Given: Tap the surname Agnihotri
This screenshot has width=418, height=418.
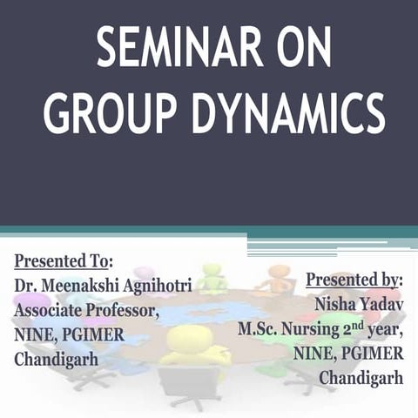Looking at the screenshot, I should tap(168, 285).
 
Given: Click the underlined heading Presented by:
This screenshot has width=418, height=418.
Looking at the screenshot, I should tap(354, 280).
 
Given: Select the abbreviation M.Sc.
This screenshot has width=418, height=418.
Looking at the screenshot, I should tap(259, 329).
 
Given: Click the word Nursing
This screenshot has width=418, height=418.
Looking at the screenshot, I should tap(313, 329).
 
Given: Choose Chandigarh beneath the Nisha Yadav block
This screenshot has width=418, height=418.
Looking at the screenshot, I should tap(361, 378).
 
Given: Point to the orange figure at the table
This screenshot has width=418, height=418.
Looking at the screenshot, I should tap(279, 277).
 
